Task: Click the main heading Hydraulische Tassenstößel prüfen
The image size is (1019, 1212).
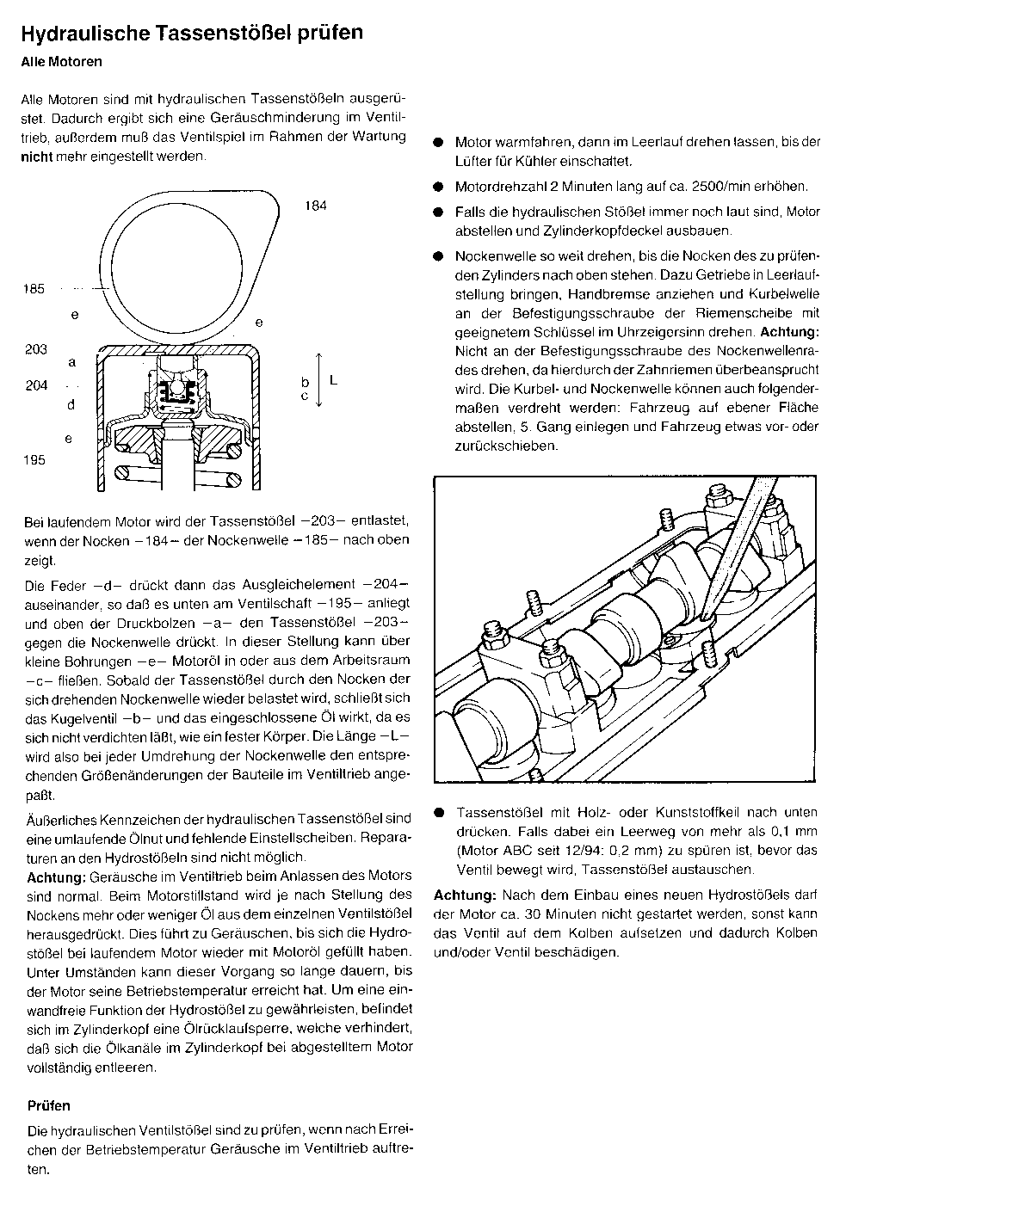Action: pos(192,33)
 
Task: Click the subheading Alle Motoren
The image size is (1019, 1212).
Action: pos(62,62)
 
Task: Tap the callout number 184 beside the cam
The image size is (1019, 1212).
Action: pos(316,206)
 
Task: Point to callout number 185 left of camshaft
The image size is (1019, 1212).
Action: pos(34,289)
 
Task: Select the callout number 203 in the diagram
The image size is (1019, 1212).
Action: pos(35,349)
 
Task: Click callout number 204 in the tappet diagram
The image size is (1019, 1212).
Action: pos(36,385)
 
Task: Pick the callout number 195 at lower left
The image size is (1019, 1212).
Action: pos(34,460)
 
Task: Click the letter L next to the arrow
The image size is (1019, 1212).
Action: pos(333,381)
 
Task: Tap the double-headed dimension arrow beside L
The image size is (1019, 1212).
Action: pos(318,379)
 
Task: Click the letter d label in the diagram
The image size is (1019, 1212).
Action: pos(71,404)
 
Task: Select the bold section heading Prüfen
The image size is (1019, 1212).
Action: pos(49,1106)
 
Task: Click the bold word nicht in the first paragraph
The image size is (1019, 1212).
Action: pos(37,157)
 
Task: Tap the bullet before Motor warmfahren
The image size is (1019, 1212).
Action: pos(438,142)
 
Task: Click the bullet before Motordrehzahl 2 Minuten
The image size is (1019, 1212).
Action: pos(438,187)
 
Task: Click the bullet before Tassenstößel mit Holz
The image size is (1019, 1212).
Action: pos(439,813)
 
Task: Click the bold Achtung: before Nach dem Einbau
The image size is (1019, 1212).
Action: pos(465,895)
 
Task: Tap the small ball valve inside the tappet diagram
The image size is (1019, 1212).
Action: pos(176,389)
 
